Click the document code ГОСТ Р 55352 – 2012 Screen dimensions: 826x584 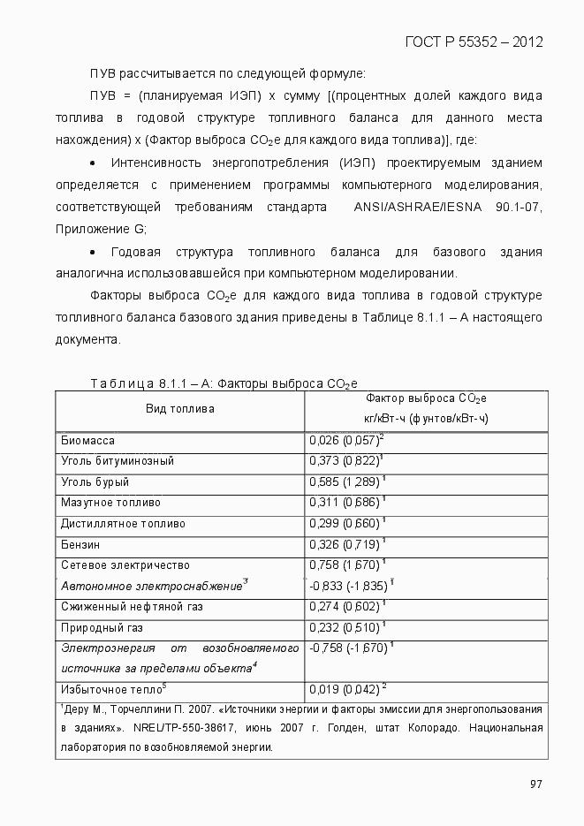473,42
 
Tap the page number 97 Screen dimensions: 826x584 535,784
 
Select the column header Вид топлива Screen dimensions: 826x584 179,409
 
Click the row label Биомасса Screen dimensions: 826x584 87,440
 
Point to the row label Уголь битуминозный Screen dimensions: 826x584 117,461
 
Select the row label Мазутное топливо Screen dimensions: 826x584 110,503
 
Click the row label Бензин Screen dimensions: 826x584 80,544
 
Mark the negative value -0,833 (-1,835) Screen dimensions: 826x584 348,586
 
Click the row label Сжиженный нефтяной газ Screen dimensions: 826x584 131,607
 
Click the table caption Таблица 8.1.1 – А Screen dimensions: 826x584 149,383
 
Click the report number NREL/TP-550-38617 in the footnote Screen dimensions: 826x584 184,729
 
